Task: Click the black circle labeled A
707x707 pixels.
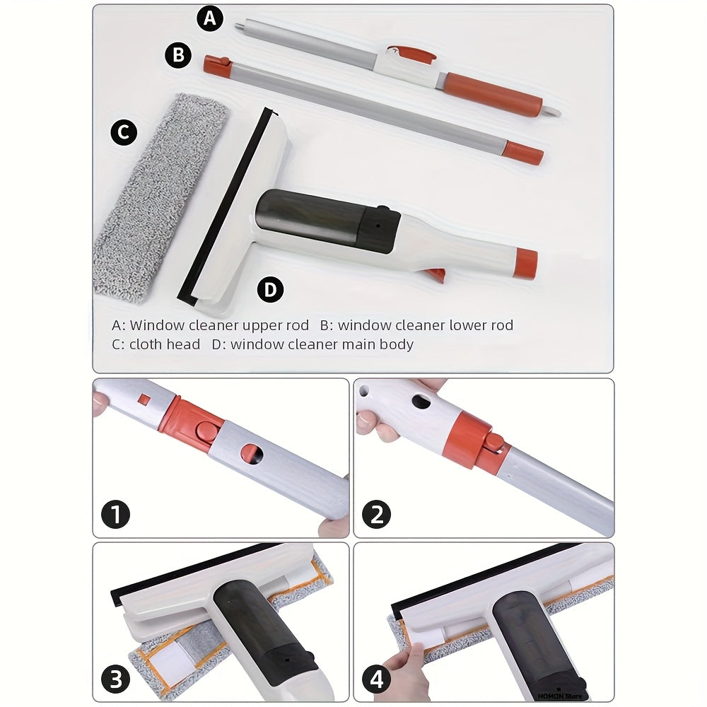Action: tap(210, 18)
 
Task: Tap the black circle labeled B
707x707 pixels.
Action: tap(178, 55)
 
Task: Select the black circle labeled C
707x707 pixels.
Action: tap(124, 132)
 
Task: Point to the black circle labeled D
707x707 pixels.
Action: tap(271, 289)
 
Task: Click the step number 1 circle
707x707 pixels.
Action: tap(116, 515)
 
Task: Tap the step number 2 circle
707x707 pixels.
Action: tap(377, 515)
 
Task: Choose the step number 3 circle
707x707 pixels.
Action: tap(116, 679)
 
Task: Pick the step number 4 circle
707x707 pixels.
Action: tap(377, 679)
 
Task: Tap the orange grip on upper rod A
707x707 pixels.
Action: tap(492, 95)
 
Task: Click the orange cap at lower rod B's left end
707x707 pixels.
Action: tap(218, 65)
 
